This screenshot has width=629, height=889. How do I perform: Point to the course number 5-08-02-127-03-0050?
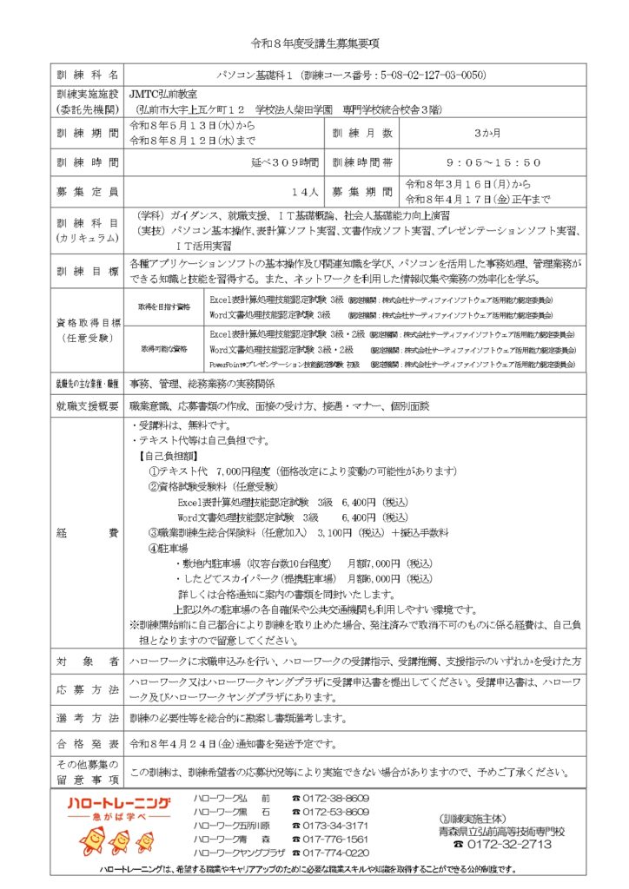424,76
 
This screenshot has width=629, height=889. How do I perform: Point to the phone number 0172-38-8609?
337,798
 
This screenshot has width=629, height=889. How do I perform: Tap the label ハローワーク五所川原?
233,826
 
